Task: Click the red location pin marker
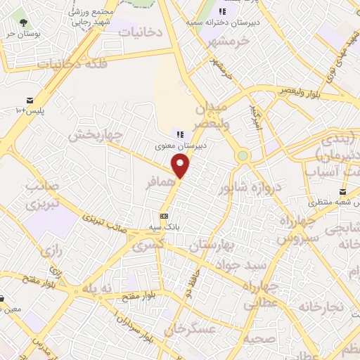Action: coord(181,166)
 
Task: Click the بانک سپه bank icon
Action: coord(164,216)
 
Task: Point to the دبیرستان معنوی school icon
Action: coord(180,134)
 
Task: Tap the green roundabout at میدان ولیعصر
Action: coord(243,155)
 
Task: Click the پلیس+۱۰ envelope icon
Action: coord(30,100)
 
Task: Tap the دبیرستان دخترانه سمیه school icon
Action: coord(223,11)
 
